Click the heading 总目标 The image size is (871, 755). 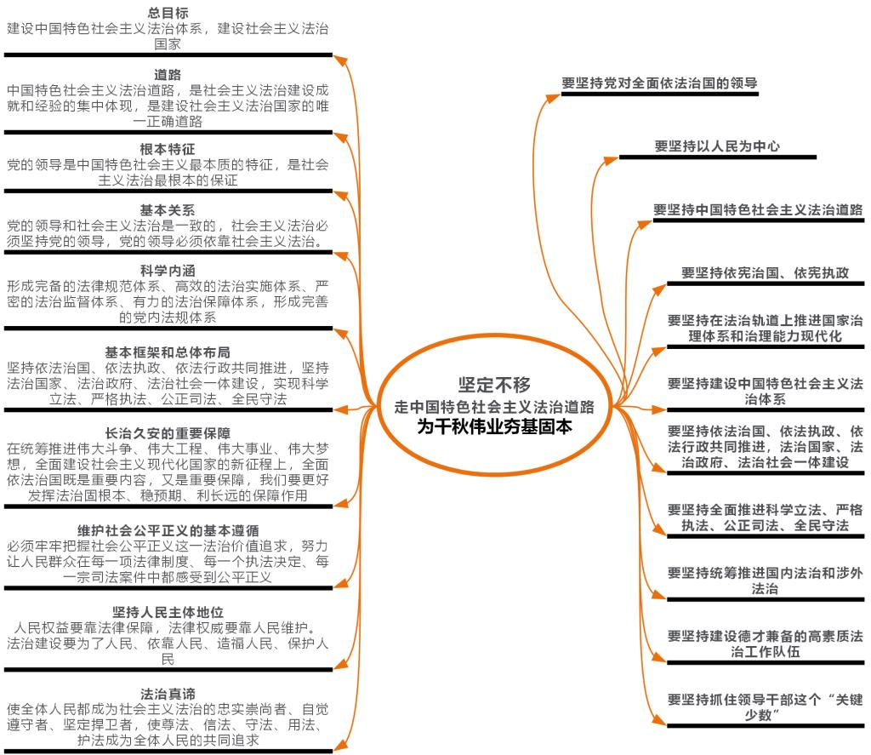168,13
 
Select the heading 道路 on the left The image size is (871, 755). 168,75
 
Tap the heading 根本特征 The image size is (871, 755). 168,149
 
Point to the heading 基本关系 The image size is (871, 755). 168,210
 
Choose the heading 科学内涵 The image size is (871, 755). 168,271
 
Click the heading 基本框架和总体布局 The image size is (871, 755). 168,352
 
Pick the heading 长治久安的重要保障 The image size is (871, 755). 168,433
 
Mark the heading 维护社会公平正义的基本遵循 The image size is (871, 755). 168,530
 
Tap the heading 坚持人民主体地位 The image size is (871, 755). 168,612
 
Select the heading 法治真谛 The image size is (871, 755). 168,694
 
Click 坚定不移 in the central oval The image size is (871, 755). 494,384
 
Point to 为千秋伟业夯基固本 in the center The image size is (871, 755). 494,426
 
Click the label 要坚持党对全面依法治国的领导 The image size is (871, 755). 659,83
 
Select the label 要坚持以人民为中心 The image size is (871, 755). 717,146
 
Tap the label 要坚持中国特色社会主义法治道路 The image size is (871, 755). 758,209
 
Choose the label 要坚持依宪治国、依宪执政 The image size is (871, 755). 766,272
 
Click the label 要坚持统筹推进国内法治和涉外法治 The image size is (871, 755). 766,581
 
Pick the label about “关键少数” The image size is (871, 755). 766,707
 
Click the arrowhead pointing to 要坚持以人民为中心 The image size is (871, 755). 611,161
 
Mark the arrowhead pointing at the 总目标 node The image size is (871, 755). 340,60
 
